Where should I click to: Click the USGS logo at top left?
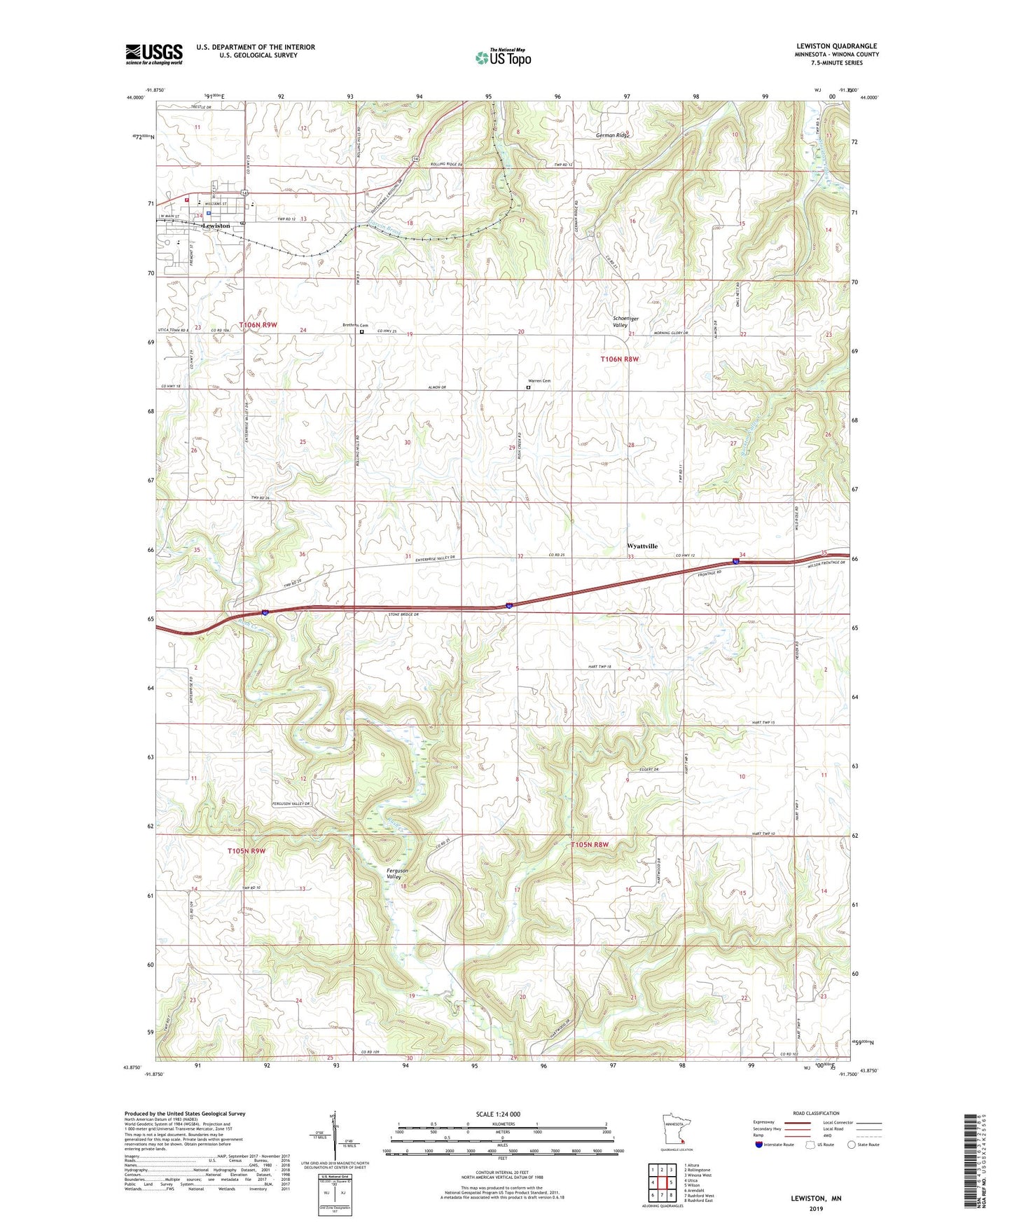pos(154,54)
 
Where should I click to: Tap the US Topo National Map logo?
pos(502,57)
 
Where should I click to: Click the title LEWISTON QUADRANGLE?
pos(836,46)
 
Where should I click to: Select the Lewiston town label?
pos(216,226)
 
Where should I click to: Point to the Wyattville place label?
pos(642,546)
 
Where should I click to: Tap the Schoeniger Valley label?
pos(620,322)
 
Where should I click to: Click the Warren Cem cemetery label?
pos(539,381)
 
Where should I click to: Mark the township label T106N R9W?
pos(258,325)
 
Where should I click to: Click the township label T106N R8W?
pos(620,359)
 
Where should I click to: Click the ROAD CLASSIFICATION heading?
pos(817,1113)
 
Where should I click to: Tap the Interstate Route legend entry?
pos(775,1145)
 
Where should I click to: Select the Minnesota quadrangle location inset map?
pos(677,1130)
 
